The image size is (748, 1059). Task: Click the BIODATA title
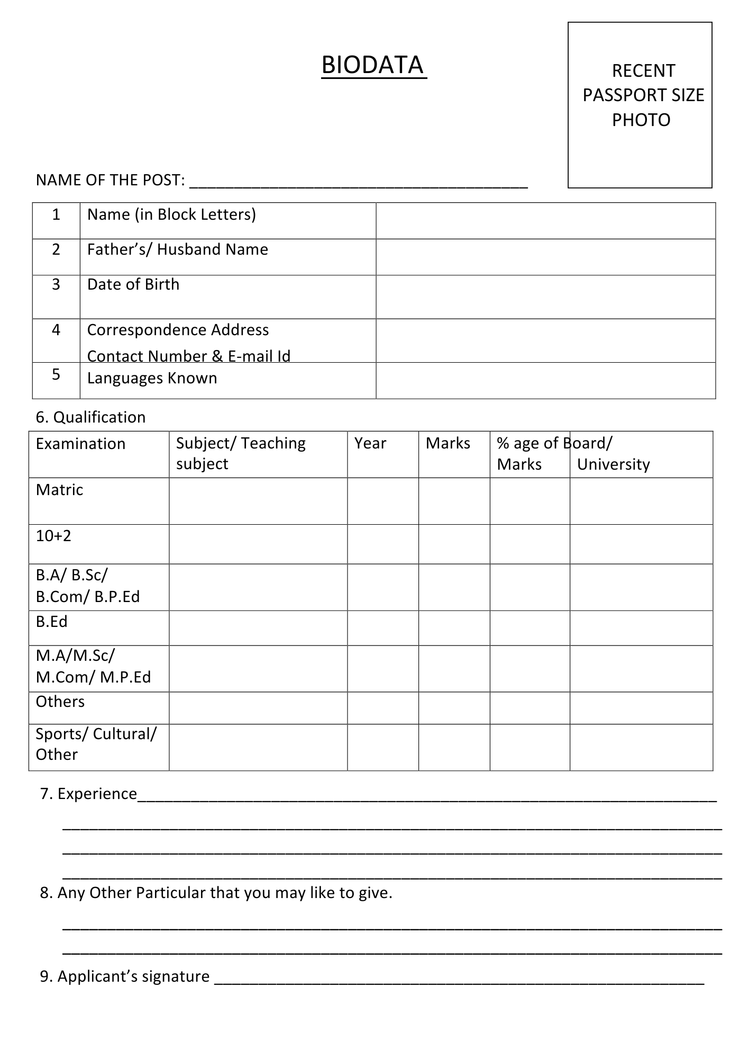point(373,65)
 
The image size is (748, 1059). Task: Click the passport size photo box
point(640,105)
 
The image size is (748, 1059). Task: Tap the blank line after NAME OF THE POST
point(358,182)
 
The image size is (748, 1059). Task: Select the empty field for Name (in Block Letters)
point(545,221)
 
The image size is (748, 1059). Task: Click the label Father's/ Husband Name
point(177,249)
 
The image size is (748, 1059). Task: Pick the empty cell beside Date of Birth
point(545,297)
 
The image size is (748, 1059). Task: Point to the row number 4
point(56,330)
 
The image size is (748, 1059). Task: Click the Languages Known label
point(152,378)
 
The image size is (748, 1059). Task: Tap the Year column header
point(370,443)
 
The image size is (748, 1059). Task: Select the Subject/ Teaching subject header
point(241,453)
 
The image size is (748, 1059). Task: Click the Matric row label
point(59,490)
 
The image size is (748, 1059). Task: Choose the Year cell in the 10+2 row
point(383,544)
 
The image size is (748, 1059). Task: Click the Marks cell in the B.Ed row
point(454,628)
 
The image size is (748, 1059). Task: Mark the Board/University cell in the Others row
point(641,708)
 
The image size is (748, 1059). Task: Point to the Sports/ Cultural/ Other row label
point(96,744)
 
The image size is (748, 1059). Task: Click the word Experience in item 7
point(97,794)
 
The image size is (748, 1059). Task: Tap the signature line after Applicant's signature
point(459,978)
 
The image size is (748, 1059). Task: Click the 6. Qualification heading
point(90,417)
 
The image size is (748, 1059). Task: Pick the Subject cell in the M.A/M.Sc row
point(258,668)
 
